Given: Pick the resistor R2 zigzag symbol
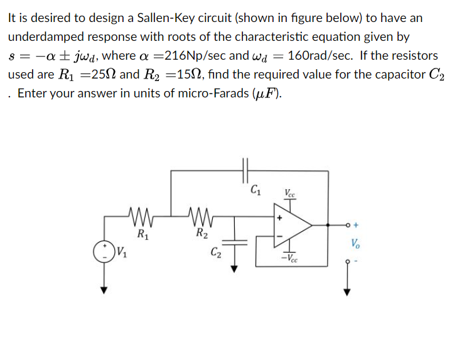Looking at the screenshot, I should point(200,217).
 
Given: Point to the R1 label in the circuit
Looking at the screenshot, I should point(142,236).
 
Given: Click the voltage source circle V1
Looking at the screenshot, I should point(104,253).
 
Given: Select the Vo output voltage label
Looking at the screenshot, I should point(356,243).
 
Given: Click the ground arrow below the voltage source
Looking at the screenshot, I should point(104,288).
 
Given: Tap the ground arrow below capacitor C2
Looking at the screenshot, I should point(236,267).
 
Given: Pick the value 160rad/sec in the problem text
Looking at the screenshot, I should point(323,56).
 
